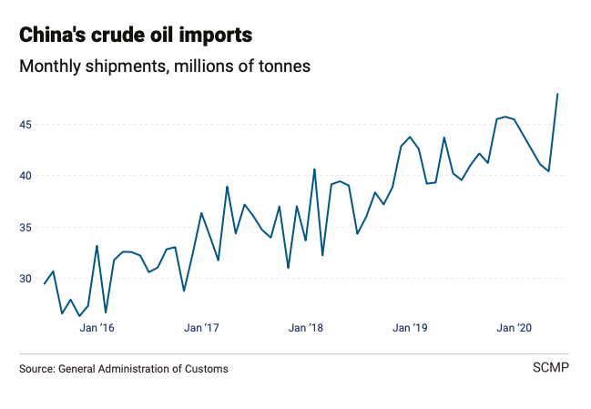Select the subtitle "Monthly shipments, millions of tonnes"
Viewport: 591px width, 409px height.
165,66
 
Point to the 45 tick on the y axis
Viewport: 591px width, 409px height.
27,124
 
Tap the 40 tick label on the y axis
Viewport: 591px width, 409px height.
27,176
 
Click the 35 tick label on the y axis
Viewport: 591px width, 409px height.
27,227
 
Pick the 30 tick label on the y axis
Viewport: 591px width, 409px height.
27,279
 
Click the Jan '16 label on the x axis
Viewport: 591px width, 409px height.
97,327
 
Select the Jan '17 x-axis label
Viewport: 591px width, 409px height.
201,327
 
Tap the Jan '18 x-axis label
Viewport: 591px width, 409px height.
306,327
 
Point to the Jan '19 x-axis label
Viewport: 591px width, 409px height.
411,327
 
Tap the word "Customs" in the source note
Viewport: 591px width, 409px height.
207,369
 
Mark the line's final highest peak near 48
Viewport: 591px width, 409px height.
557,94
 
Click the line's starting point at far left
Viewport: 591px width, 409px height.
45,283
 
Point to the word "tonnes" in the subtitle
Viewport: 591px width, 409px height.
282,66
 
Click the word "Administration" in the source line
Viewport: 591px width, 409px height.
137,369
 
